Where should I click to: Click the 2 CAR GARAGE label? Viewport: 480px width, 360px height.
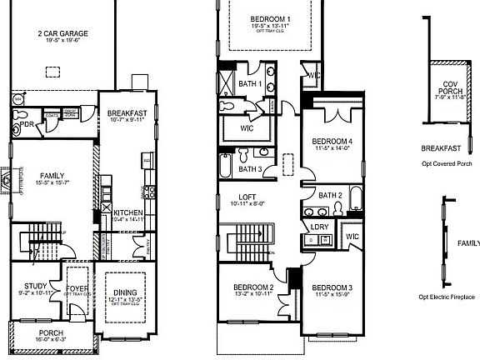click(62, 34)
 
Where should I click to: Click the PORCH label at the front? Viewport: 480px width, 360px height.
click(51, 332)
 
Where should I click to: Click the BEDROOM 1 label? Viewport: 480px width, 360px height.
click(271, 18)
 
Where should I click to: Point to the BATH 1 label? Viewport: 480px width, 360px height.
click(249, 84)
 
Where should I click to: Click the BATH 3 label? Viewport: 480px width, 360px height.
click(250, 169)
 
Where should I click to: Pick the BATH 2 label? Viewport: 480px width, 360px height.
click(331, 195)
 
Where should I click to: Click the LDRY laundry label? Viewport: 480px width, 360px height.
click(318, 226)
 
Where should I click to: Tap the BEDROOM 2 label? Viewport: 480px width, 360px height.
click(254, 288)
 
